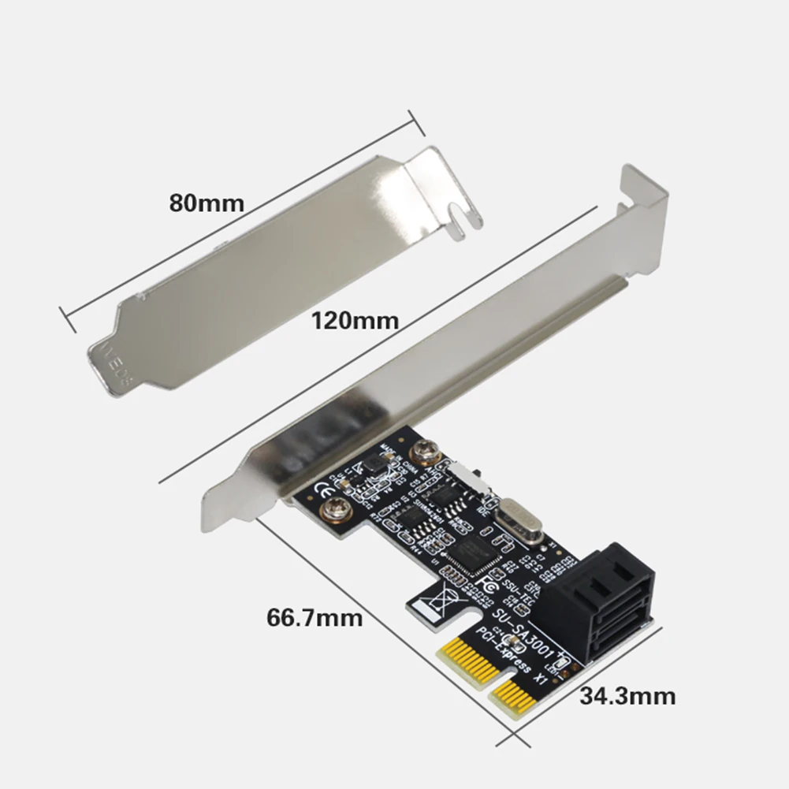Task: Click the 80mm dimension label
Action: tap(207, 203)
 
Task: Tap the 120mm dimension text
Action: tap(354, 321)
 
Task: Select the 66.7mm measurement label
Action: tap(314, 616)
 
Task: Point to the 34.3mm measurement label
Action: tap(627, 696)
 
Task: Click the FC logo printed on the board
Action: tap(488, 587)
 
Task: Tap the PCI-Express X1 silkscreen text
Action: tap(508, 655)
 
